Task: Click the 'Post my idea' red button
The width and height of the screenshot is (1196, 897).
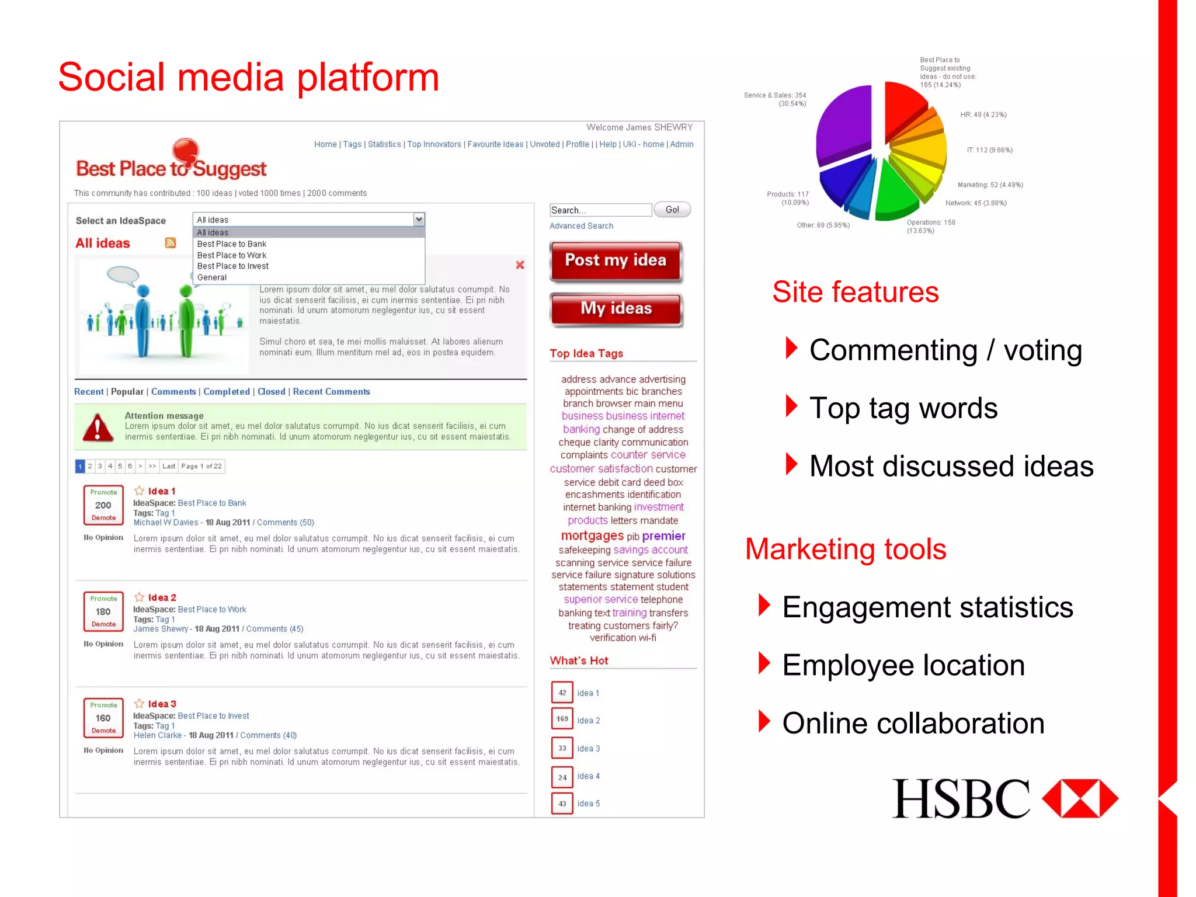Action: coord(616,261)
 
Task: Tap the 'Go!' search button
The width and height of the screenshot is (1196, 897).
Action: coord(672,210)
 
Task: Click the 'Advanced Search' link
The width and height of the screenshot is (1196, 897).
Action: coord(581,226)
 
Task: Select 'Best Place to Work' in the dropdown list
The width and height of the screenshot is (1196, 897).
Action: coord(232,255)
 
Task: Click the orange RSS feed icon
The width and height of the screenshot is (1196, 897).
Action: coord(171,243)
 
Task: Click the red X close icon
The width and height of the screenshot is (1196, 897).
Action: coord(520,265)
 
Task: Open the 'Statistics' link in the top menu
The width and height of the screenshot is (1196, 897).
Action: coord(384,144)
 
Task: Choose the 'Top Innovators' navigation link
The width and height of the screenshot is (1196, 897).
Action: coord(434,144)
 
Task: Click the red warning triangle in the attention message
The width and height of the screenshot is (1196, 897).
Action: coord(98,427)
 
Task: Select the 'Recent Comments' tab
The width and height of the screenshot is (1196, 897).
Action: coord(331,392)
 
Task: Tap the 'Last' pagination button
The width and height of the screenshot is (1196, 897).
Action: coord(169,466)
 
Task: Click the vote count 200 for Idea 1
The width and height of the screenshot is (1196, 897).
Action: coord(103,505)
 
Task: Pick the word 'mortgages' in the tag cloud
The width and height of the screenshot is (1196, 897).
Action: coord(592,536)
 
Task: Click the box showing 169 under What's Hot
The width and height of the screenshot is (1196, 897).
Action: coord(562,719)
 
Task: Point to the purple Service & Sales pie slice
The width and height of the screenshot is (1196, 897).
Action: coord(843,126)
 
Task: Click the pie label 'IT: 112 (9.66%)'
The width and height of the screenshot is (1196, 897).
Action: coord(989,150)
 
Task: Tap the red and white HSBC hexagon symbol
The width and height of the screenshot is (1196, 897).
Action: coord(1080,798)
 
